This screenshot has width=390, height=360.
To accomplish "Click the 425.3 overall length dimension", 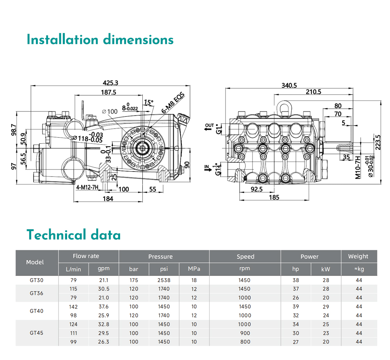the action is point(110,83).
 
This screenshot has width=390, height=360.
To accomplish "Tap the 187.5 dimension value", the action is point(108,92).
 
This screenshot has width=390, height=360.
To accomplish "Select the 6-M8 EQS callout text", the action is point(173,103).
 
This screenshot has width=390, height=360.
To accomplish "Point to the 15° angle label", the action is point(149,102).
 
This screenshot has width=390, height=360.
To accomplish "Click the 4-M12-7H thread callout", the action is point(87,187).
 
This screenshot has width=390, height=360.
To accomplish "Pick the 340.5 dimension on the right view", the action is point(289,85).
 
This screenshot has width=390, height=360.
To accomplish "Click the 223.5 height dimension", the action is point(378,142).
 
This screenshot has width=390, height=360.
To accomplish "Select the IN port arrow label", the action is point(207,168).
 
